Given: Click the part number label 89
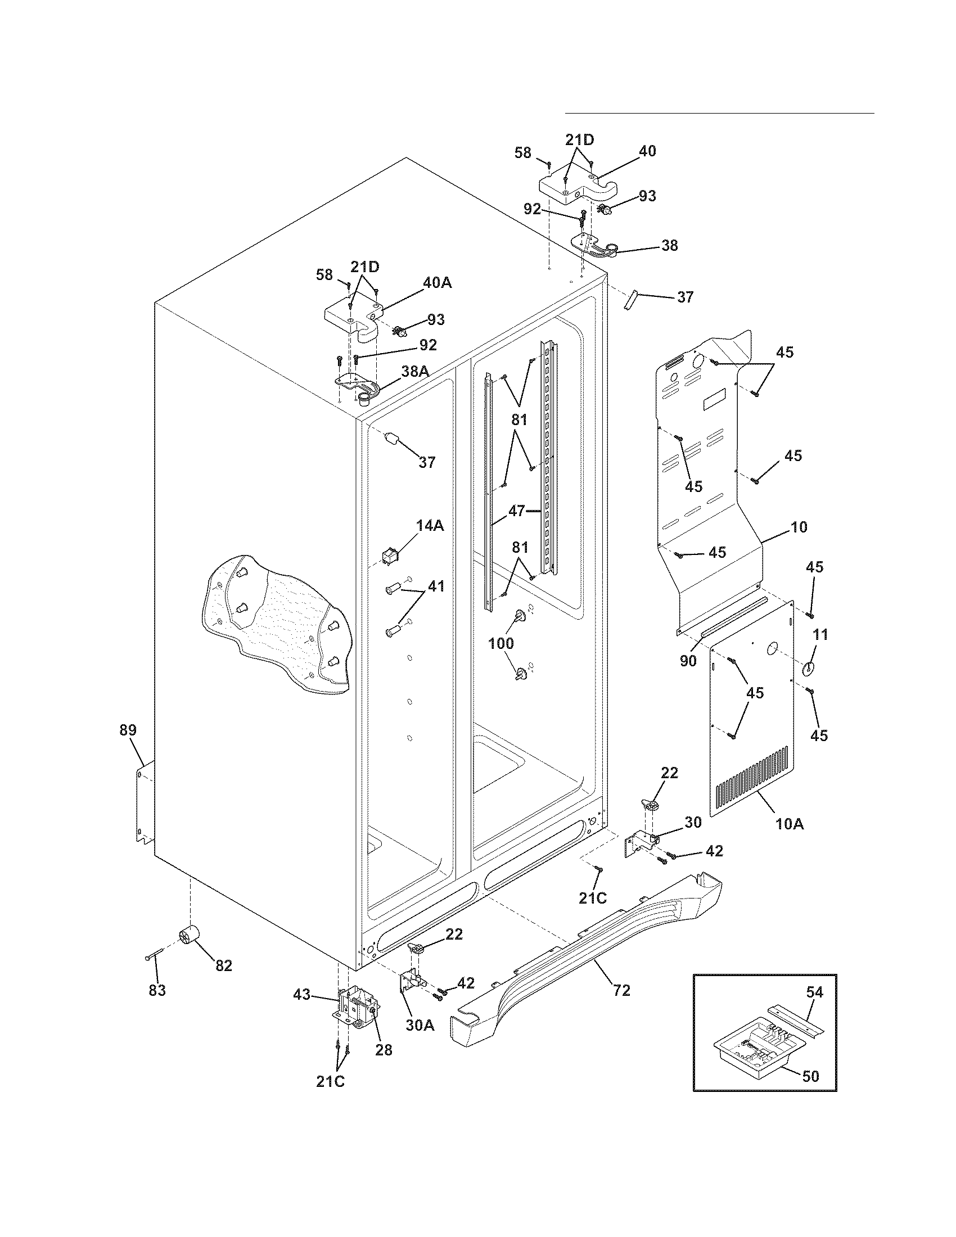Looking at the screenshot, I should point(128,730).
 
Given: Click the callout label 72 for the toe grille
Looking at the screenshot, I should point(621,990).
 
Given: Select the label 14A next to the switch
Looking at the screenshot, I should point(430,526).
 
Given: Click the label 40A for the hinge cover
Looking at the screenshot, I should point(437,282).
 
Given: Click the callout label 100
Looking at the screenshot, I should point(501,643).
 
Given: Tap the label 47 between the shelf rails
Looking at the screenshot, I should point(516,511).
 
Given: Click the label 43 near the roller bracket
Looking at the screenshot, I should point(302,994).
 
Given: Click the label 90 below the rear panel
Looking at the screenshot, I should point(688,661).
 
